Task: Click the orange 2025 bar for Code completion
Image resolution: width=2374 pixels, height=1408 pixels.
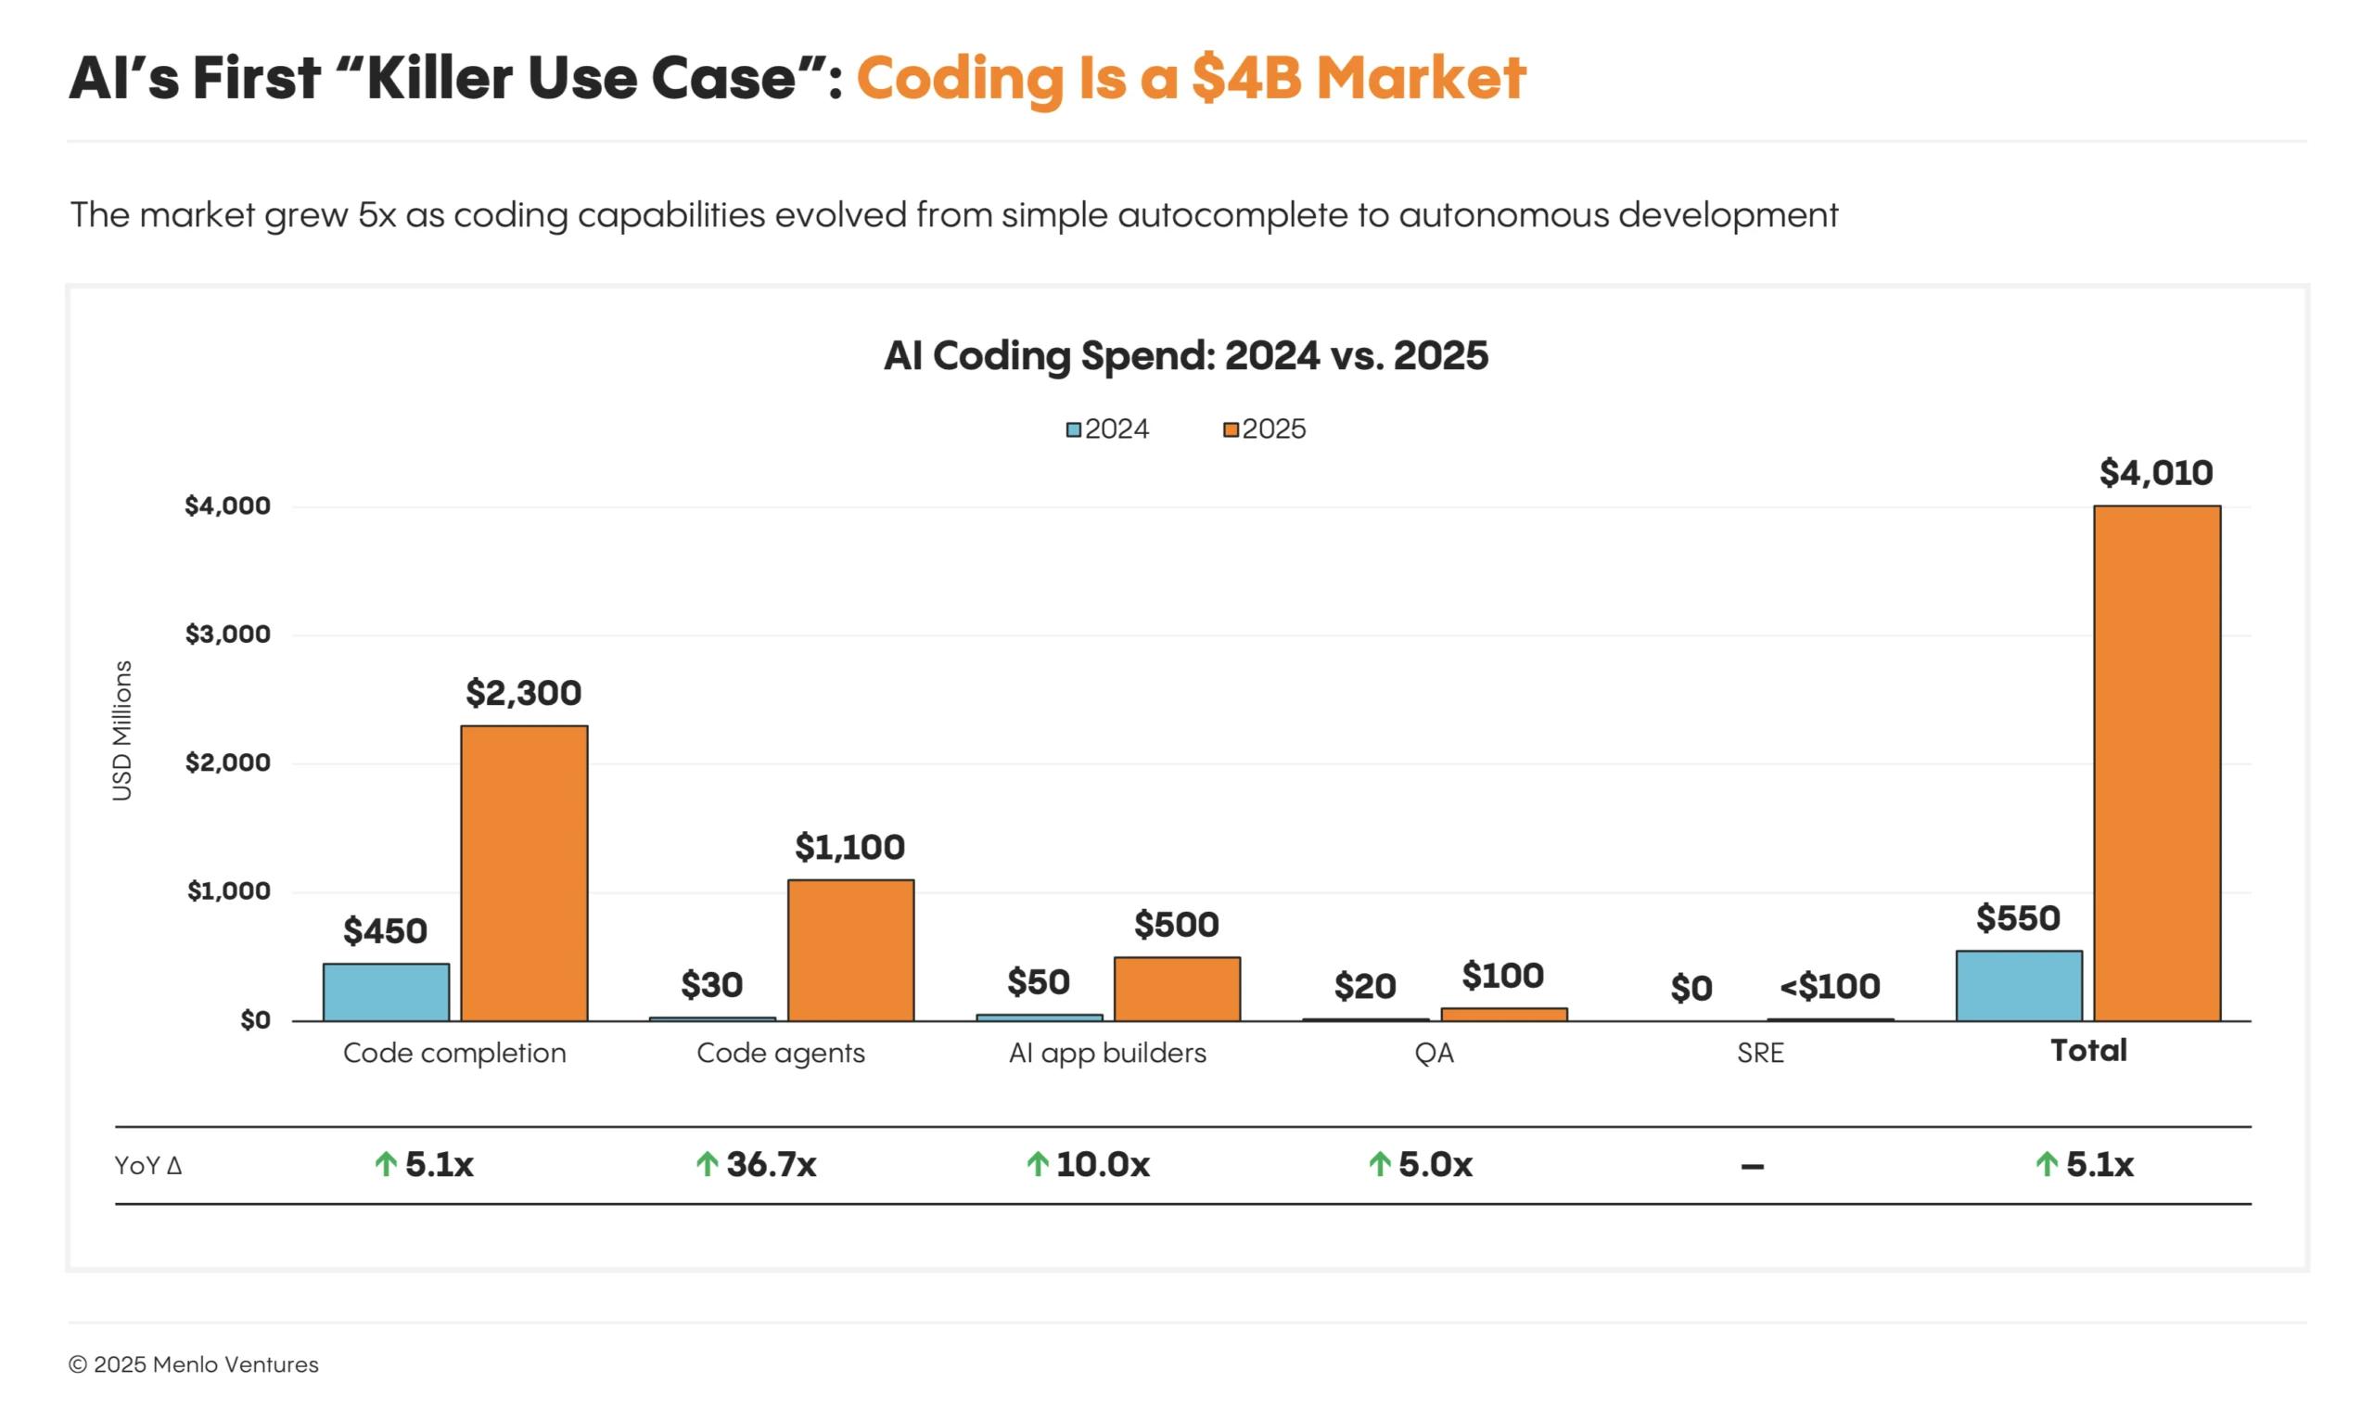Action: (524, 873)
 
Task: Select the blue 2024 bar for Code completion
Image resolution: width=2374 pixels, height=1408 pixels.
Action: (386, 992)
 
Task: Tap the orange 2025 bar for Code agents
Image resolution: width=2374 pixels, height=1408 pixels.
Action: (849, 950)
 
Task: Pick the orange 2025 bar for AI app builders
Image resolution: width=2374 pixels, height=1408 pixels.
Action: (1176, 989)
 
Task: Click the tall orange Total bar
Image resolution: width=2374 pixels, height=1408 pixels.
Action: (2156, 763)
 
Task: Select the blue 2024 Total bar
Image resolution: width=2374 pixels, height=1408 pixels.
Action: (2018, 986)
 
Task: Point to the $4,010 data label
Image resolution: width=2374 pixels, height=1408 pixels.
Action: (2155, 472)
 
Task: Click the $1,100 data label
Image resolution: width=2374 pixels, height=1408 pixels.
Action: (849, 846)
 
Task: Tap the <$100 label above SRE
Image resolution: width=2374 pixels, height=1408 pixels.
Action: (1829, 987)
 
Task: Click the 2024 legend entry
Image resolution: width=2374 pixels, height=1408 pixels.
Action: (1107, 429)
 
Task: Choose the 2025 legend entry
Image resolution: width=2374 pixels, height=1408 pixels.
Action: (1263, 429)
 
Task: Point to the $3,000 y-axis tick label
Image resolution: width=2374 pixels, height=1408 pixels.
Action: (227, 634)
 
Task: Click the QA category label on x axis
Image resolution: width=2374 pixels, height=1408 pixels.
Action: (1433, 1052)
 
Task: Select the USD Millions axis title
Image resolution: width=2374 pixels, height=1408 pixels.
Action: (122, 731)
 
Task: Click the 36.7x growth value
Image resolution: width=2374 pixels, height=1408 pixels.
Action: (769, 1164)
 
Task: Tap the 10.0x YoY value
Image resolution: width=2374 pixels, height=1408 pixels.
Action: (1101, 1164)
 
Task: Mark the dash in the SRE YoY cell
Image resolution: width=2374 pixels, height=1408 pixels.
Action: (1752, 1166)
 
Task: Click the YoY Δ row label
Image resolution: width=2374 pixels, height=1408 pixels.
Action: (148, 1165)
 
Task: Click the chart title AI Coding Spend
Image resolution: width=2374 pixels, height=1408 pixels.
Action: (1185, 356)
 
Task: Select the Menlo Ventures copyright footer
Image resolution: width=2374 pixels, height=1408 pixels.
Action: (194, 1364)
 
